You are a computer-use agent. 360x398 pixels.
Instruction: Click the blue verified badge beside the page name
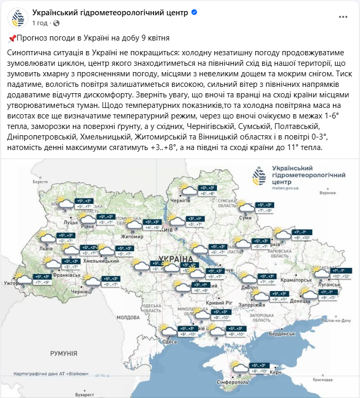click(195, 12)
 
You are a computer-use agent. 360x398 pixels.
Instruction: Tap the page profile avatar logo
click(18, 18)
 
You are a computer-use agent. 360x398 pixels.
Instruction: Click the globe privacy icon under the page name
click(56, 23)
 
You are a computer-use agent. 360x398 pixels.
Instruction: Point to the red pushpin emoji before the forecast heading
click(13, 38)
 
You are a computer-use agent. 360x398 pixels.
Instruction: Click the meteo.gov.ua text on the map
click(285, 187)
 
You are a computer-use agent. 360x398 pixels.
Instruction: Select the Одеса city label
click(170, 342)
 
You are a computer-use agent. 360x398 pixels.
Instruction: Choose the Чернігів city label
click(180, 201)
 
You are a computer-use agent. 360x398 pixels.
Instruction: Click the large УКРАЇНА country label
click(171, 259)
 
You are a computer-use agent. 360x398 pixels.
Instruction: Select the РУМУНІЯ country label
click(63, 352)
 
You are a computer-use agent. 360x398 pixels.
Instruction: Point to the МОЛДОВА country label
click(128, 317)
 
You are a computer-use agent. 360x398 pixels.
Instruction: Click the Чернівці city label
click(81, 291)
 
